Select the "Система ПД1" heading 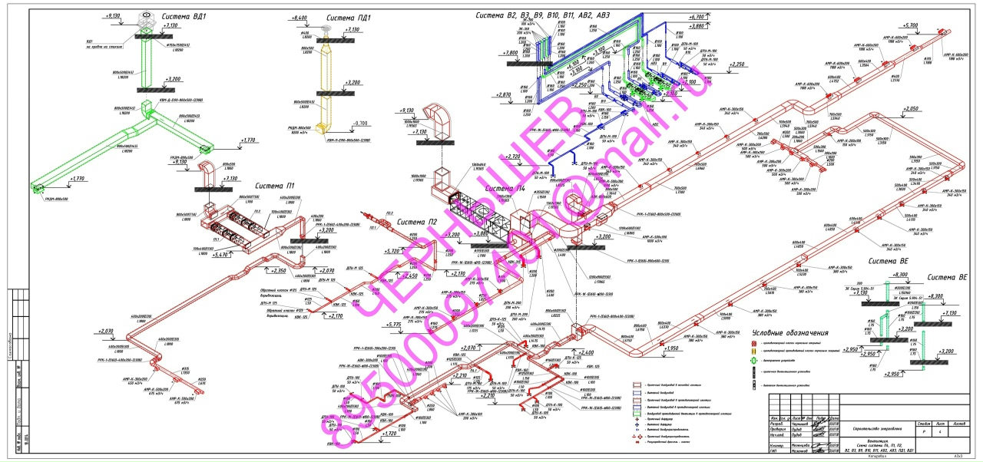click(348, 17)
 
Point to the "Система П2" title click(422, 222)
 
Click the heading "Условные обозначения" click(790, 332)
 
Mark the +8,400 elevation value click(299, 17)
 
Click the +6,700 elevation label click(697, 16)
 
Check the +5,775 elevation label click(396, 325)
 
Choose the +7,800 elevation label click(508, 53)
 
